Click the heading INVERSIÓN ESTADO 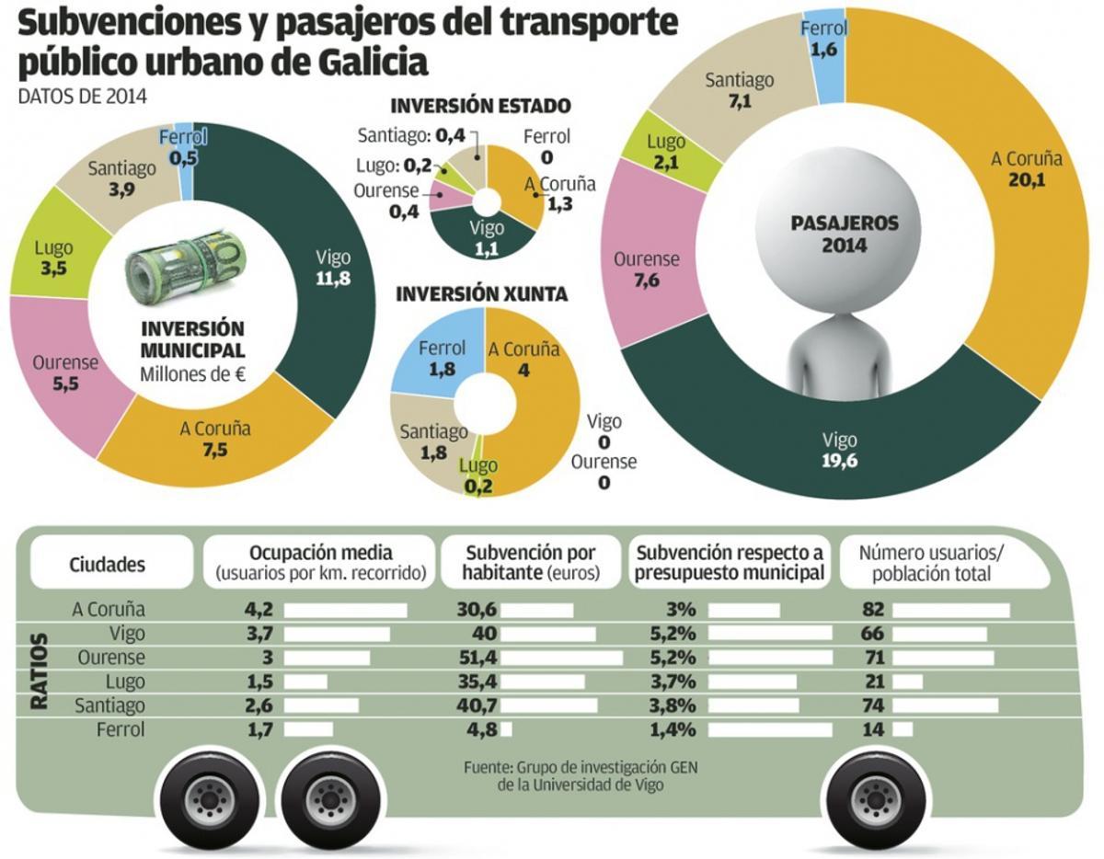481,106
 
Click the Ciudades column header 108,564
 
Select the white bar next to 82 950,610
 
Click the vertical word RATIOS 40,670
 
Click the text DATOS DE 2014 83,96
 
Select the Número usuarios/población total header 930,563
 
